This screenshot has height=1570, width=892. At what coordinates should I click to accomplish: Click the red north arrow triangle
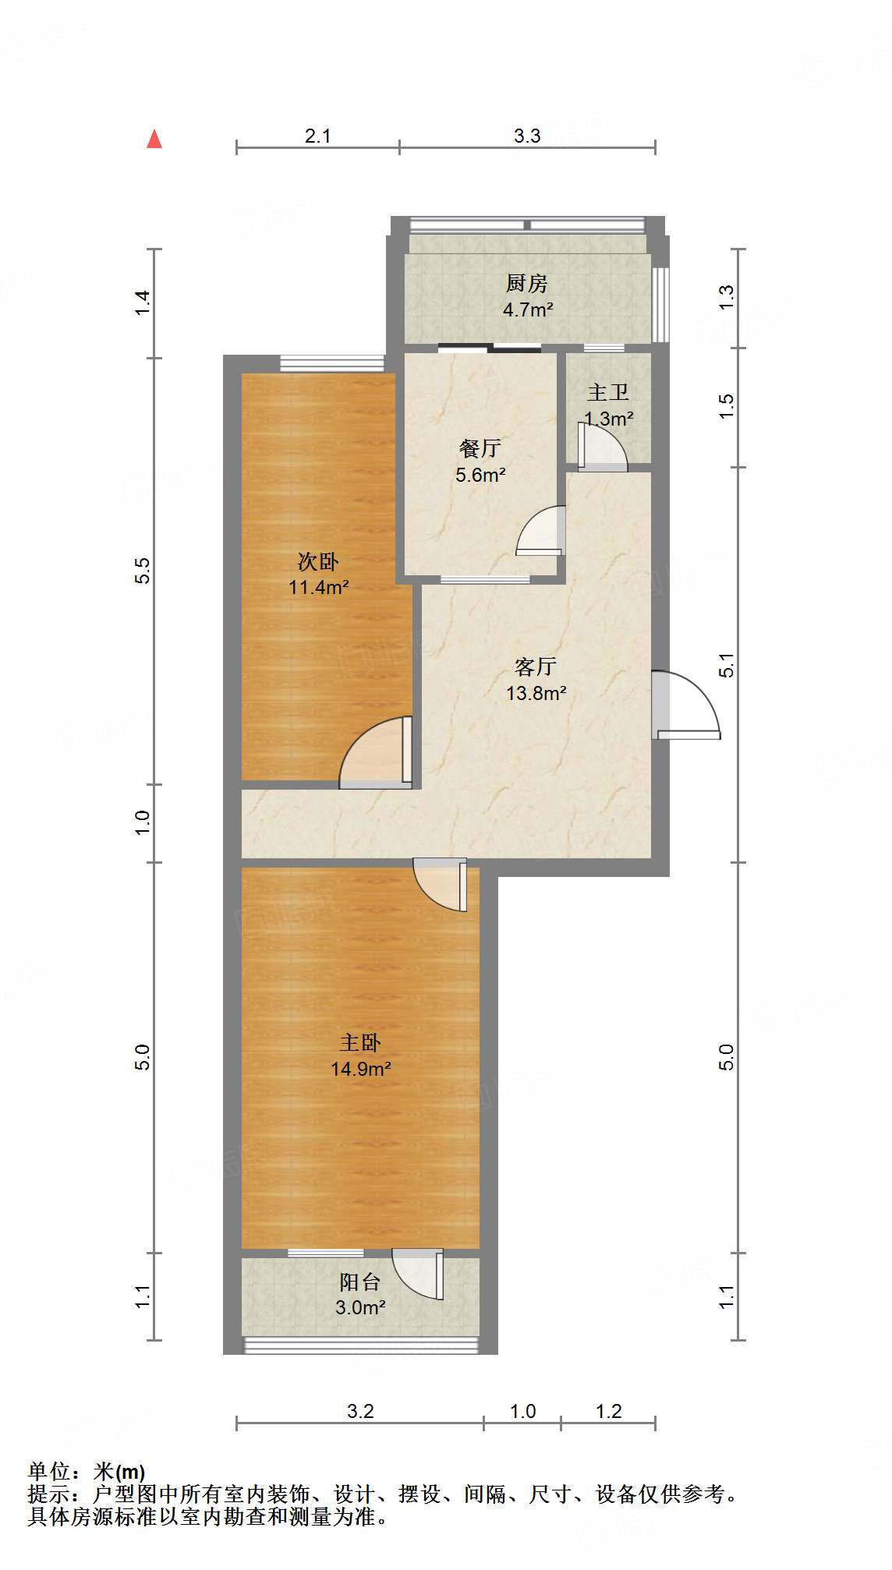click(x=154, y=140)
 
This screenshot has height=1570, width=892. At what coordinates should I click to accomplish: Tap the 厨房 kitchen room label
click(x=527, y=283)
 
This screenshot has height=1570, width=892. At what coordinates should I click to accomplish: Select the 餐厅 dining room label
click(x=480, y=448)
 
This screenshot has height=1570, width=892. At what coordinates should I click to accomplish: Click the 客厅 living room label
click(x=536, y=667)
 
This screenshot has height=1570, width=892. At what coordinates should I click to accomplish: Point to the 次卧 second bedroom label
click(x=318, y=561)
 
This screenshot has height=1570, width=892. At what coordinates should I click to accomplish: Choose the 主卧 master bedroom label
click(x=360, y=1042)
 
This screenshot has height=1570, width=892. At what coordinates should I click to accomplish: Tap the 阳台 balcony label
click(x=359, y=1282)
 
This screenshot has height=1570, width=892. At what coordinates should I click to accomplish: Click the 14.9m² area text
click(x=360, y=1069)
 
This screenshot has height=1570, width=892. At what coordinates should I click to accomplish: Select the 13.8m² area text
click(x=536, y=692)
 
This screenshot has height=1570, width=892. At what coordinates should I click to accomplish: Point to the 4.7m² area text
click(x=528, y=309)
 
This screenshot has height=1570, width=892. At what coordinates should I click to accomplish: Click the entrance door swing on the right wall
click(x=687, y=705)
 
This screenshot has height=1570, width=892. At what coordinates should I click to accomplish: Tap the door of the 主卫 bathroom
click(x=601, y=447)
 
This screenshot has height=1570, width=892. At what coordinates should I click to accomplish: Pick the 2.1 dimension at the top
click(x=317, y=136)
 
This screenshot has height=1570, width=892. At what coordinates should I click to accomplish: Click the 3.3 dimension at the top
click(x=527, y=136)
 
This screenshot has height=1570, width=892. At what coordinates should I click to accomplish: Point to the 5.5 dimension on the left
click(x=142, y=571)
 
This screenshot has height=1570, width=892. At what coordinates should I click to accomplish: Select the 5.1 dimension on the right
click(x=727, y=665)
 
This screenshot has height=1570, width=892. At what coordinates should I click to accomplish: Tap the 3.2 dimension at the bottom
click(x=360, y=1411)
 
